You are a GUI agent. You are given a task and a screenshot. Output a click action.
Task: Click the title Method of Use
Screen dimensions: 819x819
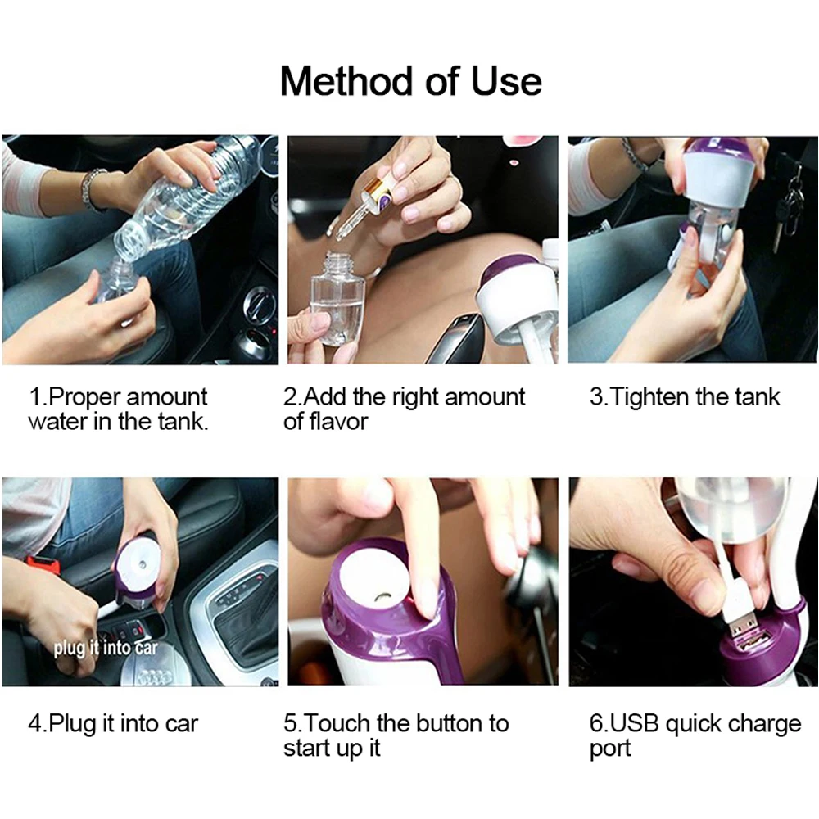point(410,81)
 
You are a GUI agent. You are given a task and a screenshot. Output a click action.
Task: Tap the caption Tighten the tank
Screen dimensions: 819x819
point(684,396)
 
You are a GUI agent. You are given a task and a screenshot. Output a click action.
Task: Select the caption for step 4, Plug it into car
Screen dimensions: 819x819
point(113,724)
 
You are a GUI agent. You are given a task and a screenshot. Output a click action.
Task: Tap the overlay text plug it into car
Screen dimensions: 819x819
point(106,648)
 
